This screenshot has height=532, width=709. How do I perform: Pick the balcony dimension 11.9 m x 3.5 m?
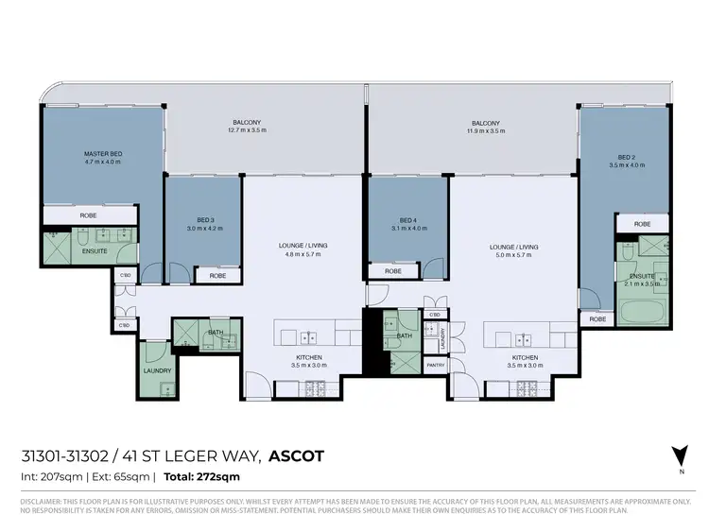(486, 131)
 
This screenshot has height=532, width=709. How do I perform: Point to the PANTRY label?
(435, 364)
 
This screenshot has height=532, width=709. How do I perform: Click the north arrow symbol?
(675, 455)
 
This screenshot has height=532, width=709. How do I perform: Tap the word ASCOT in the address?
(297, 456)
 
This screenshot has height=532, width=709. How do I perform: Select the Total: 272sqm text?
(202, 477)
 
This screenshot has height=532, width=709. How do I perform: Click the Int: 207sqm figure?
(51, 477)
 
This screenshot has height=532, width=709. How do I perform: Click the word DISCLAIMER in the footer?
(40, 500)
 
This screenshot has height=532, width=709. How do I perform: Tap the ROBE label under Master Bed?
(88, 215)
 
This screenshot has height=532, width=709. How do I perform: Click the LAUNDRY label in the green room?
(157, 370)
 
